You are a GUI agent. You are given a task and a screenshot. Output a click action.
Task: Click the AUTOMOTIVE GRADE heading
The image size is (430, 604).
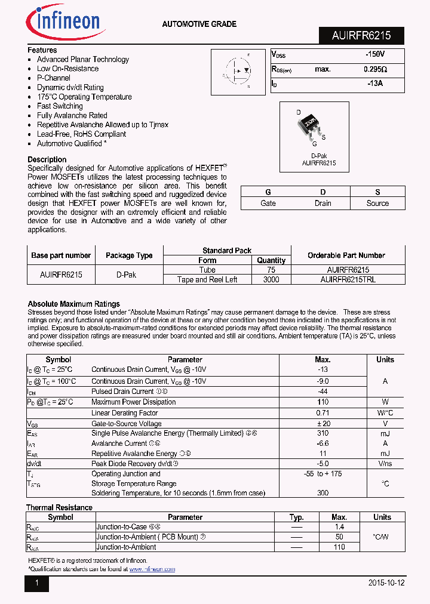[x=199, y=24]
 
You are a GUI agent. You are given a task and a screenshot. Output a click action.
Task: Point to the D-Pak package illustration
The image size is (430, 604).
[x=311, y=125]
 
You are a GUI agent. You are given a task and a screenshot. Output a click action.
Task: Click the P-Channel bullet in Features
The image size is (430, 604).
[x=53, y=78]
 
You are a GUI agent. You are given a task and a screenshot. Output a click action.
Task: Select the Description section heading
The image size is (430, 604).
[x=47, y=159]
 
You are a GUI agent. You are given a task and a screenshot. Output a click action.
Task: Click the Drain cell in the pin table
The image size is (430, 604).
[x=322, y=203]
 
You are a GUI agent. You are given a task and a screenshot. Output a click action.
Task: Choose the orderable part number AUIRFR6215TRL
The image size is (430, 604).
[x=348, y=279]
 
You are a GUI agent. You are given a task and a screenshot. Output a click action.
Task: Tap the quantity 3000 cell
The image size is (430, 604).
[x=271, y=279]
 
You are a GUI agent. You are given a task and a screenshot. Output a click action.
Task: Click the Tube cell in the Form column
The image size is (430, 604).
[x=207, y=270]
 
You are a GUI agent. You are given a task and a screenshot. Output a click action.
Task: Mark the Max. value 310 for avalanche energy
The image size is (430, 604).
[x=322, y=433]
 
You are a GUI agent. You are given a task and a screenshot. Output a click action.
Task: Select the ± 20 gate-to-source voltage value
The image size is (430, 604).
[x=322, y=423]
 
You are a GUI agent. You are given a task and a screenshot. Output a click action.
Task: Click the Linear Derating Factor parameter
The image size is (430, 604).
[x=124, y=412]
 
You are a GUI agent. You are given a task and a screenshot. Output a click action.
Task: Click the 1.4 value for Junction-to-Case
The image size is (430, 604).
[x=339, y=527]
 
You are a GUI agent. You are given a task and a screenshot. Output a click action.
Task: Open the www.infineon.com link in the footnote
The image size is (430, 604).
[x=152, y=569]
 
